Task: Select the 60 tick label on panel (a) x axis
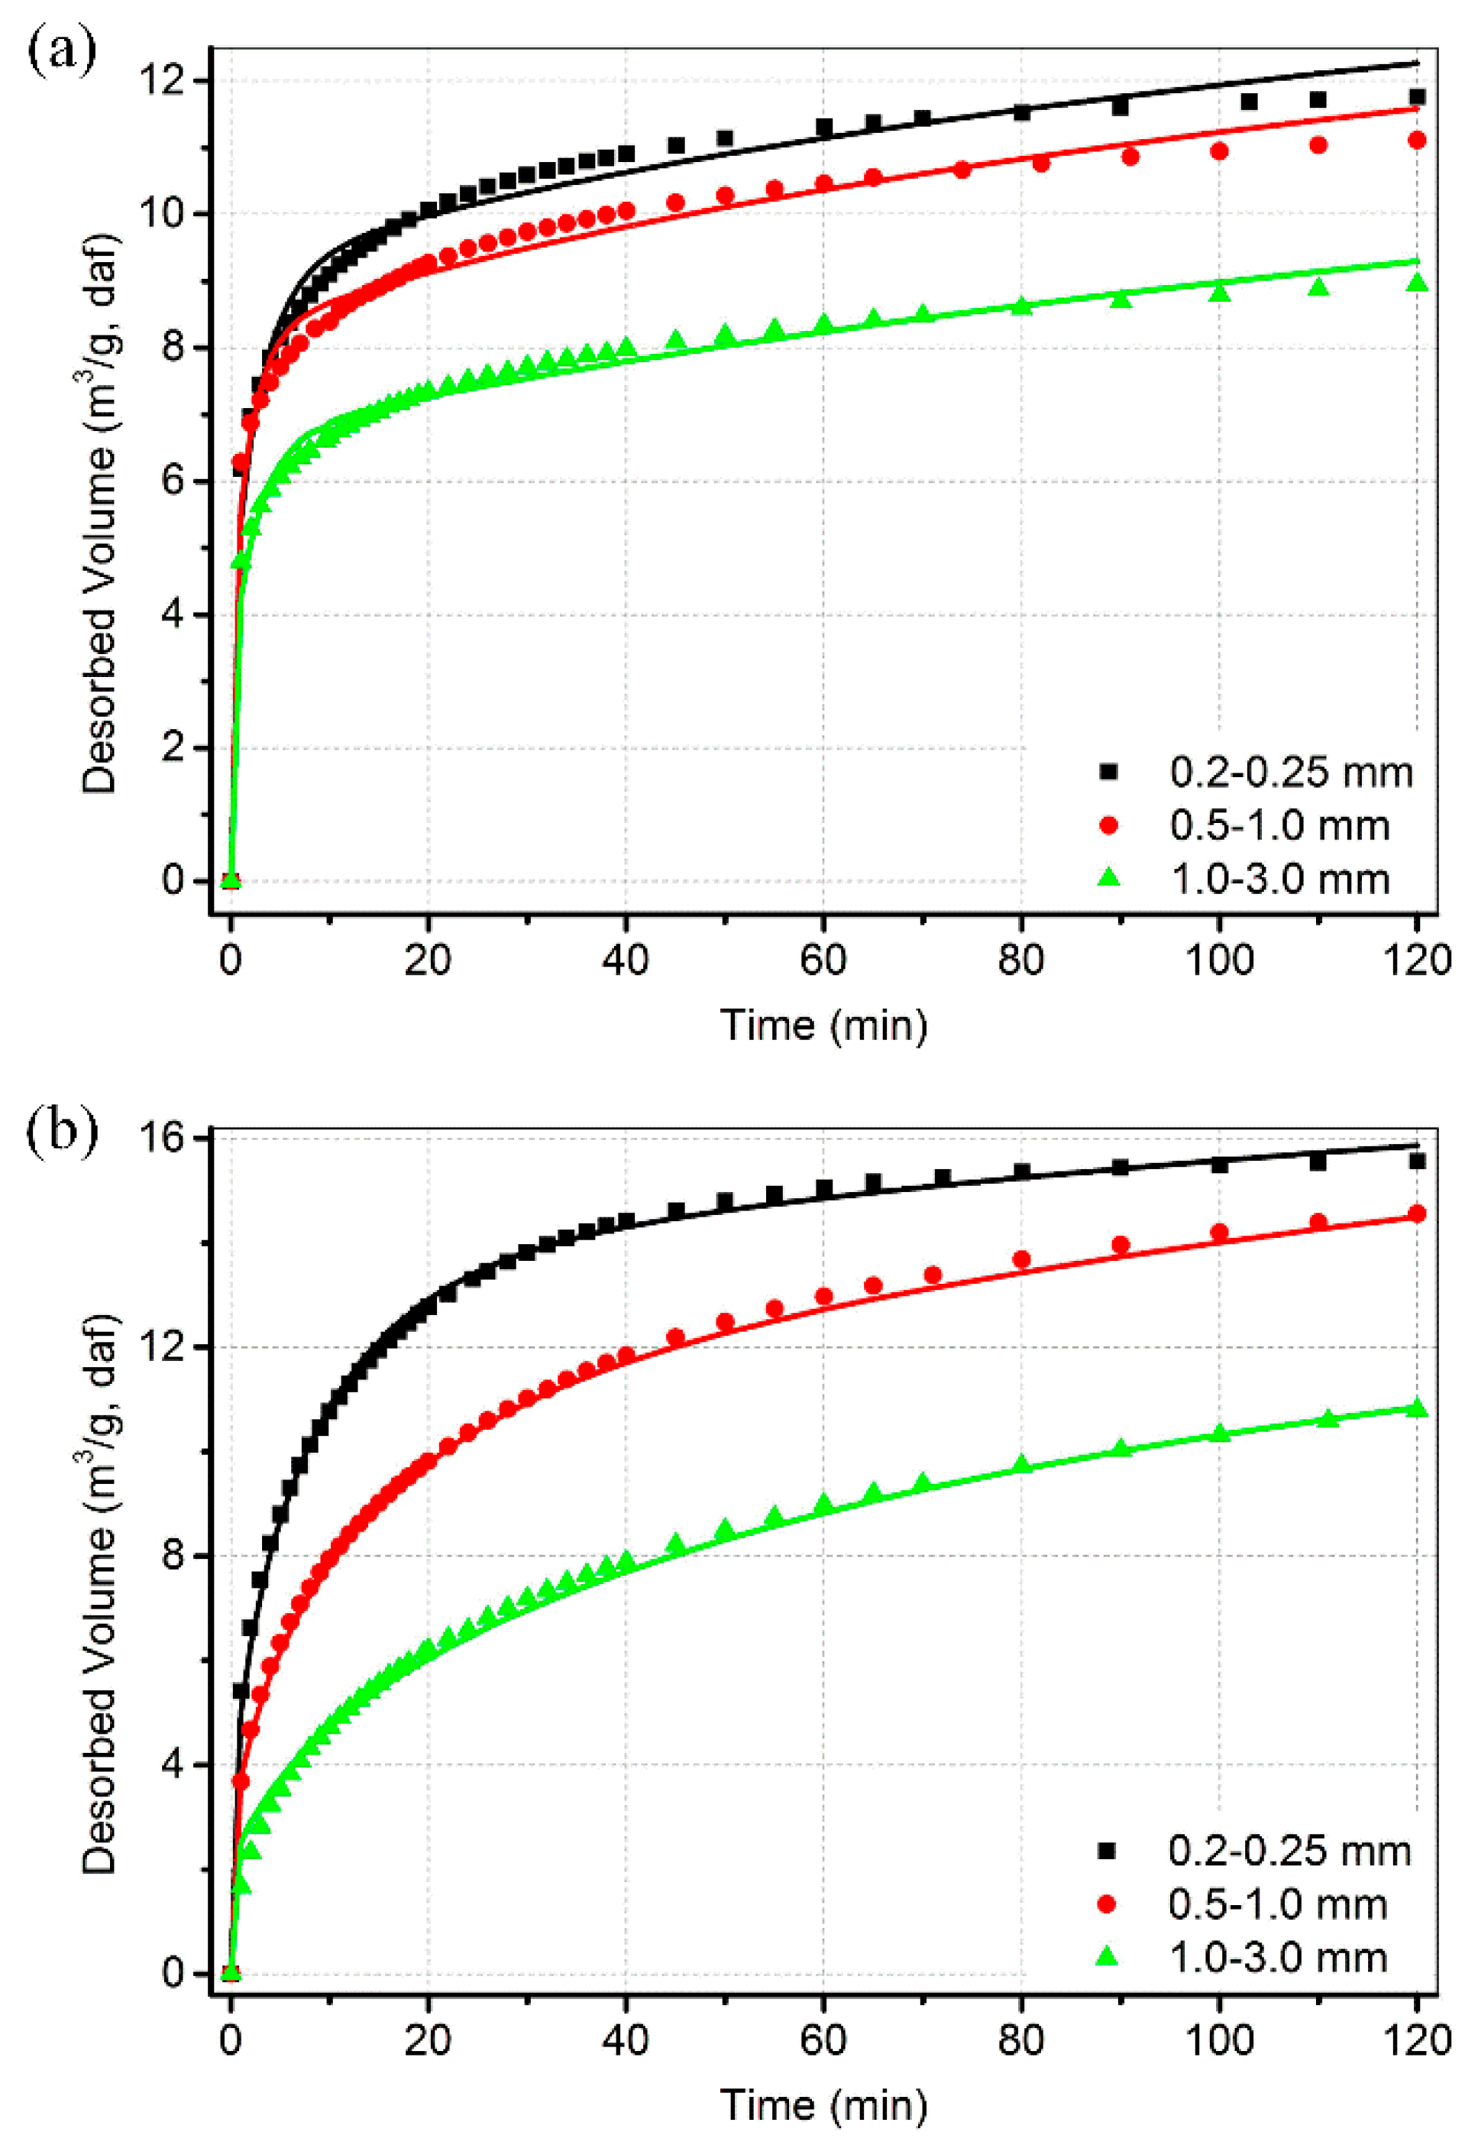coord(823,961)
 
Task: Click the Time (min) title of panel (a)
coord(823,1026)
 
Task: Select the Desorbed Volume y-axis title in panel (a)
coord(100,514)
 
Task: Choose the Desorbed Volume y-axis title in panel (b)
coord(100,1594)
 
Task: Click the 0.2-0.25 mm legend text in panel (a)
coord(1291,773)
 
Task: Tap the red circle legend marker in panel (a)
coord(1108,825)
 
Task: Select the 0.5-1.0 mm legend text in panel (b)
coord(1278,1904)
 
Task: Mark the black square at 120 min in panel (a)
coord(1416,97)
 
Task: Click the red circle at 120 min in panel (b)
coord(1416,1213)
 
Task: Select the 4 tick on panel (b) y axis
coord(171,1765)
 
